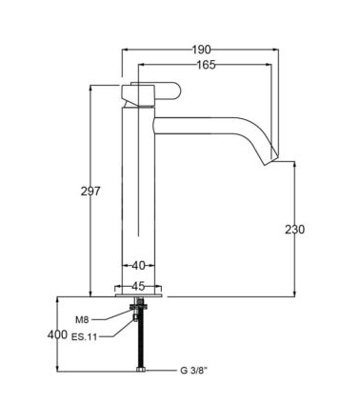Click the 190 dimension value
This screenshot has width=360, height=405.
tap(201, 50)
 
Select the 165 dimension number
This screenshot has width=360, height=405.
tap(206, 65)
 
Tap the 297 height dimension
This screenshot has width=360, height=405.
tap(90, 192)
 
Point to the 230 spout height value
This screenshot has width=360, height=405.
tap(294, 229)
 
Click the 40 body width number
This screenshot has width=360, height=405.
tap(138, 266)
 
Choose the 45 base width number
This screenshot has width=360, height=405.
tap(138, 286)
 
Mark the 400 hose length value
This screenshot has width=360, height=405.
tap(57, 334)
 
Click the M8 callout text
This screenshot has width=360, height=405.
tap(82, 320)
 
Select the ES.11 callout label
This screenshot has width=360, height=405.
tap(84, 337)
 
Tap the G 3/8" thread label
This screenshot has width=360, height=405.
tap(193, 371)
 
